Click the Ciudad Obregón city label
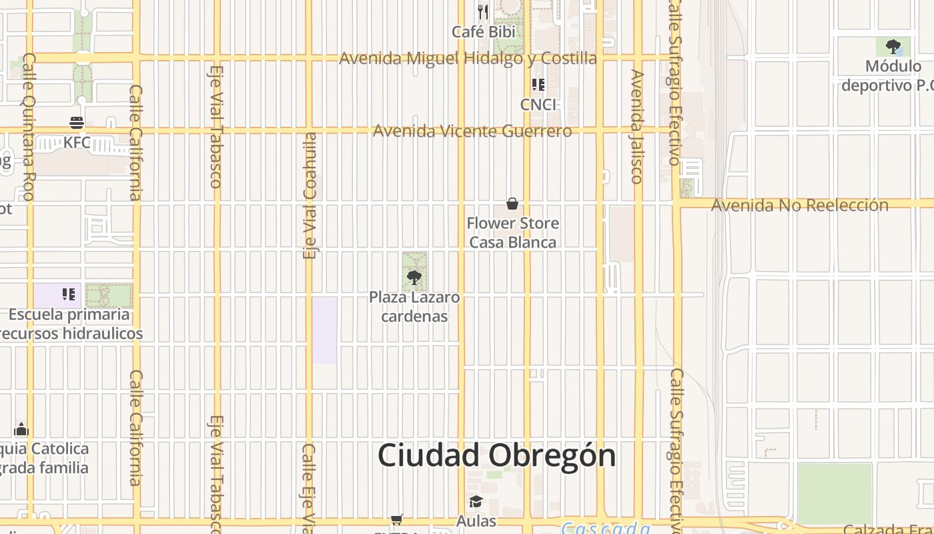tap(496, 456)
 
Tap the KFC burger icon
tap(77, 123)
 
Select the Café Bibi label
tap(483, 31)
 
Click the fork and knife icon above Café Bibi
tap(483, 12)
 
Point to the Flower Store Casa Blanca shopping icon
tap(512, 204)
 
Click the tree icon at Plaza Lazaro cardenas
tap(414, 277)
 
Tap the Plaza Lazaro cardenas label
tap(414, 306)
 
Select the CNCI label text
tap(538, 105)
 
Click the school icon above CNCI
tap(538, 85)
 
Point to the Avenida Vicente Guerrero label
tap(472, 131)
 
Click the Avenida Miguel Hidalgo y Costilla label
tap(468, 58)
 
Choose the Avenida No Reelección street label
tap(799, 205)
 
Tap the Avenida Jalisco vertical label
tap(637, 126)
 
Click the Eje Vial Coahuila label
tap(310, 196)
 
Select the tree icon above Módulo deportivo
tap(893, 47)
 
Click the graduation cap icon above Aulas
tap(476, 502)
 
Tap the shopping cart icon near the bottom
tap(397, 519)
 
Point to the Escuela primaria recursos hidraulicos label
tap(70, 324)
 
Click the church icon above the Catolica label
tap(21, 429)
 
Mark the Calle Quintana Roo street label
tap(29, 127)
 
